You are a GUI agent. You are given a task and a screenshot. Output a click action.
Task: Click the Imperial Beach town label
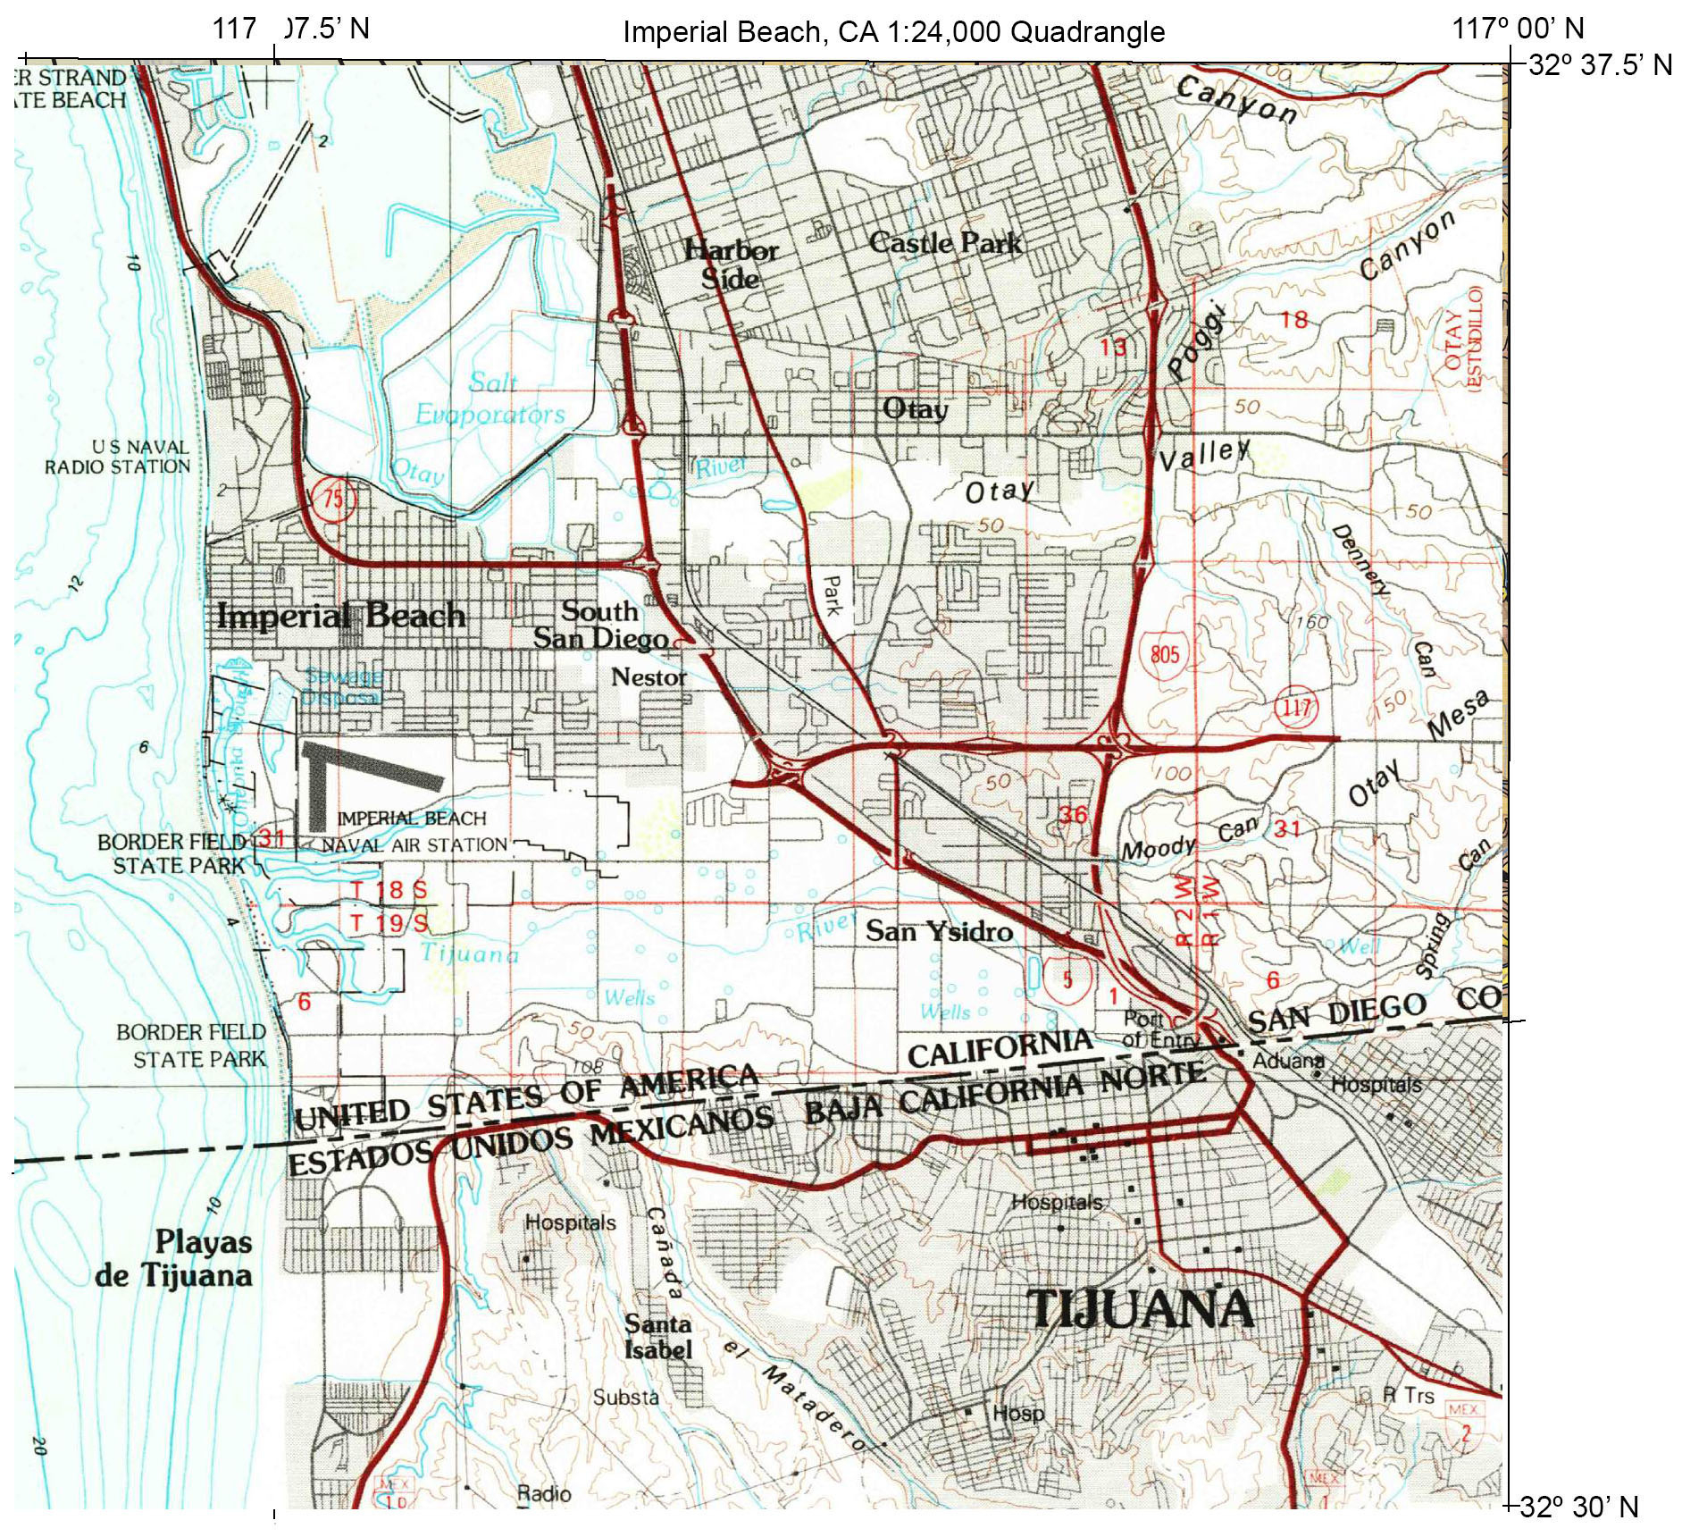(340, 616)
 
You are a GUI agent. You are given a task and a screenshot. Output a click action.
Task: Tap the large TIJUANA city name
(1140, 1309)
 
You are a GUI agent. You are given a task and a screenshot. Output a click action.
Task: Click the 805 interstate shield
(1164, 654)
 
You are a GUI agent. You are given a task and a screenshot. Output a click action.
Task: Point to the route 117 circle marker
(1295, 709)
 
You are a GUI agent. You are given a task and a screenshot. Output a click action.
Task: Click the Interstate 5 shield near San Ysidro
(1067, 978)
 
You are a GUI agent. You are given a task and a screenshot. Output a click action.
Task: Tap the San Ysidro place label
(939, 931)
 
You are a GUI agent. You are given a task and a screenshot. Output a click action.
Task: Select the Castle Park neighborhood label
(945, 242)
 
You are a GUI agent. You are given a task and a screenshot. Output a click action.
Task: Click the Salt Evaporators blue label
(490, 399)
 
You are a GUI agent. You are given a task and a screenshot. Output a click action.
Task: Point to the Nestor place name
(649, 677)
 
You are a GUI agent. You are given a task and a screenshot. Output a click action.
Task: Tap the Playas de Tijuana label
(174, 1258)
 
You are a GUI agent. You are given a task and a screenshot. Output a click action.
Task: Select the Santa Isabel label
(657, 1338)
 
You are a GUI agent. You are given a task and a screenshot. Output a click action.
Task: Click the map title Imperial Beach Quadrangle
(892, 32)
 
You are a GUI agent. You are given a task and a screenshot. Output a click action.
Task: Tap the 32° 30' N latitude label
(1578, 1508)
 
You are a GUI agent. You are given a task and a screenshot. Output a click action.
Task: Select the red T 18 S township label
(389, 889)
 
